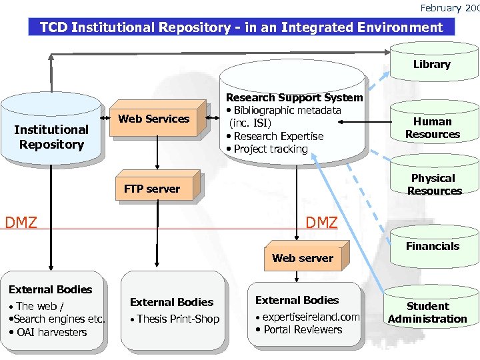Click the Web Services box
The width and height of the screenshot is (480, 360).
tap(154, 119)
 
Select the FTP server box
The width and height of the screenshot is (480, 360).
tap(152, 189)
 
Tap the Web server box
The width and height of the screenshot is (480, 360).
tap(303, 258)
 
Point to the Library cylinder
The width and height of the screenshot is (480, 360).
tap(431, 65)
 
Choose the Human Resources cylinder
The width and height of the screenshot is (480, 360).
tap(432, 127)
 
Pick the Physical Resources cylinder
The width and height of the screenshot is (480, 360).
tap(433, 185)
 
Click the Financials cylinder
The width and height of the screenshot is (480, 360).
tap(433, 246)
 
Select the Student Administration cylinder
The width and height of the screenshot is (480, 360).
tap(427, 312)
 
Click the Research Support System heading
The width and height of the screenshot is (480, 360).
tap(295, 98)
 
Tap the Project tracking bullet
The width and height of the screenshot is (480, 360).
tap(270, 149)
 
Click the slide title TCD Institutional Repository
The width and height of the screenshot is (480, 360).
tap(241, 27)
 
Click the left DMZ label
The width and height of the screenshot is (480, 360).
tap(21, 222)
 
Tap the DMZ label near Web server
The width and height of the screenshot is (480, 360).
tap(321, 223)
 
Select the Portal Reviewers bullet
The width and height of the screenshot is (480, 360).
tap(303, 329)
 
